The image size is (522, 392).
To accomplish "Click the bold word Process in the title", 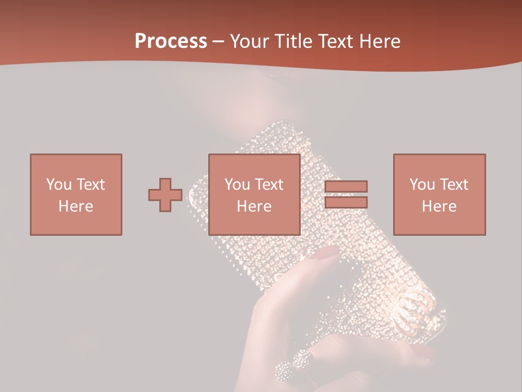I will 171,41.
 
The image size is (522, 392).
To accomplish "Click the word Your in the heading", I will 249,41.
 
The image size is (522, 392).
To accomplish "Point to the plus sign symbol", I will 165,195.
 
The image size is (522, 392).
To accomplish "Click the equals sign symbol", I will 346,194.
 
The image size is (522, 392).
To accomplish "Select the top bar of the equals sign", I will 346,186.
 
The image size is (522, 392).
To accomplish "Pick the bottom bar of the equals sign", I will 346,203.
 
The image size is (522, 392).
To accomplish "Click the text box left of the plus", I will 76,194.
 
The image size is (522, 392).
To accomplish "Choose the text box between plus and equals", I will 254,194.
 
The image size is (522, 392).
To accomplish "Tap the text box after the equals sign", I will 439,194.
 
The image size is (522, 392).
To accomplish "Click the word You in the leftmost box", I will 58,185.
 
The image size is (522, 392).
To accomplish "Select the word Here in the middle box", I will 254,206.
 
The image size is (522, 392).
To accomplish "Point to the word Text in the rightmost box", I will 453,185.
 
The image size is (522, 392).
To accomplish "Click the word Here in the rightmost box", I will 439,206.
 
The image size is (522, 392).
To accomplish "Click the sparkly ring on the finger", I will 294,366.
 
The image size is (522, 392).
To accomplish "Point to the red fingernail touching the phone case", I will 328,252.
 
